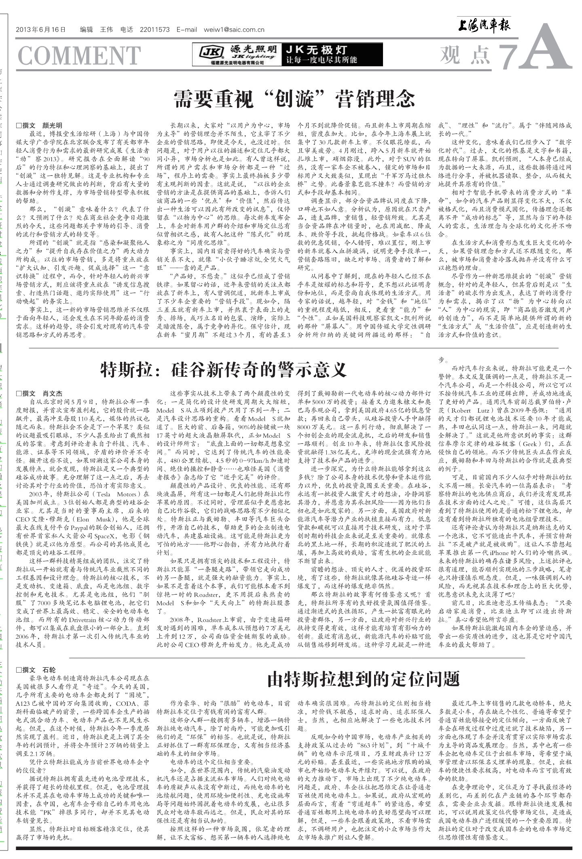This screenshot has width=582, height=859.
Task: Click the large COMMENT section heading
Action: coord(79,56)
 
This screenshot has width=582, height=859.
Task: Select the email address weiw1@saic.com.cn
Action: coord(234,30)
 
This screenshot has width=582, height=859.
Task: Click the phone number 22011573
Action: coord(155,30)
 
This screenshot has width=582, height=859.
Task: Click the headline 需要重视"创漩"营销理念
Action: coord(294,98)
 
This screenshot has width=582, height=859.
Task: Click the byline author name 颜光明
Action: coord(53,125)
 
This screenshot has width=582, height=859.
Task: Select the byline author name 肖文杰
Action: coord(53,393)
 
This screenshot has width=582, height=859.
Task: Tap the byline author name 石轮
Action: coord(49,670)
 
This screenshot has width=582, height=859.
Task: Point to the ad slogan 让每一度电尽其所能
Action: coord(322,60)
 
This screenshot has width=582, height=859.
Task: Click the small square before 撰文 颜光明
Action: coord(18,125)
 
